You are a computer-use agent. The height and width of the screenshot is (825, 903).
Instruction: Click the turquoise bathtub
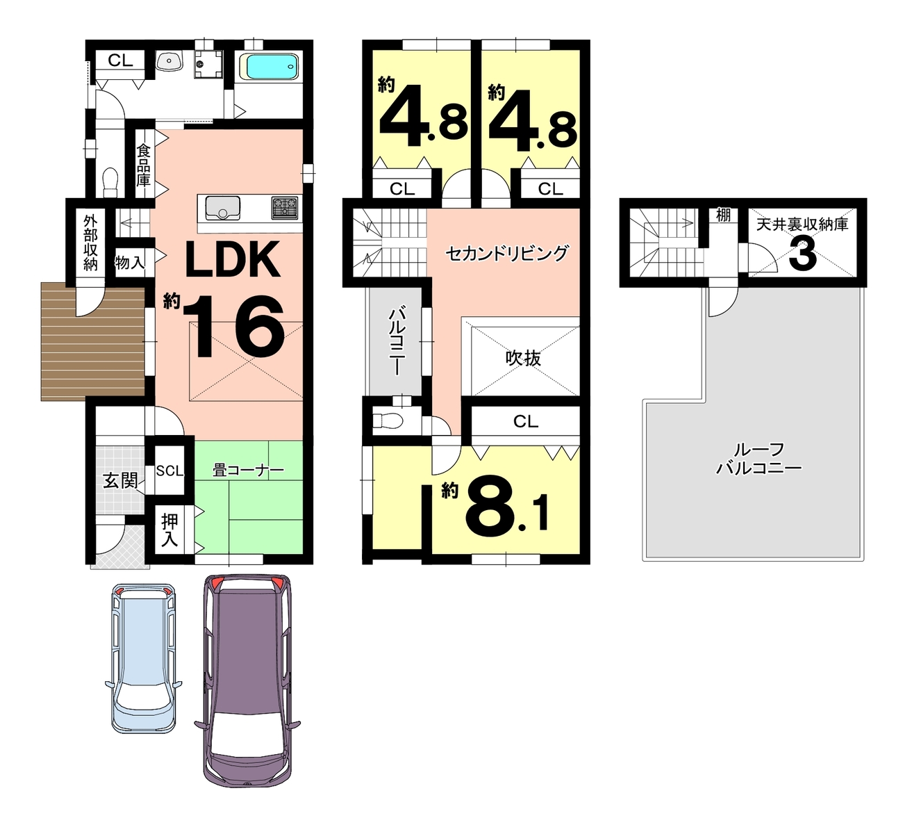click(x=272, y=67)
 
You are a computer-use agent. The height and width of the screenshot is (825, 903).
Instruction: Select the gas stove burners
click(x=285, y=208)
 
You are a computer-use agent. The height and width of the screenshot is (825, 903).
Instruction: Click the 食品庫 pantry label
click(x=144, y=165)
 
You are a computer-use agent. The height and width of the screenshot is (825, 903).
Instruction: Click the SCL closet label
click(x=169, y=471)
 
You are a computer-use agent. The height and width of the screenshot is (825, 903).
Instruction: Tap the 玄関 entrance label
click(x=121, y=480)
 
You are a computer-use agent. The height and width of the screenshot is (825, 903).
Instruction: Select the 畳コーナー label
click(x=248, y=471)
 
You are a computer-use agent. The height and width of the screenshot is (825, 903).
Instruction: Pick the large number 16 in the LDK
click(x=234, y=326)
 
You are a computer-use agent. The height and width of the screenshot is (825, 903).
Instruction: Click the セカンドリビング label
click(x=507, y=253)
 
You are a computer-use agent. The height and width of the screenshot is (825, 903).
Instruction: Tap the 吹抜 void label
click(x=523, y=358)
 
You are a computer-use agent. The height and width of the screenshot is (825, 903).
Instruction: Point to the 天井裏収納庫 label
click(x=802, y=224)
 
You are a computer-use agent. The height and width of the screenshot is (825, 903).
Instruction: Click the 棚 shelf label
click(x=723, y=215)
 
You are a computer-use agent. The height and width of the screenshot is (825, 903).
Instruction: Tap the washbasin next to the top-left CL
click(x=169, y=61)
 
